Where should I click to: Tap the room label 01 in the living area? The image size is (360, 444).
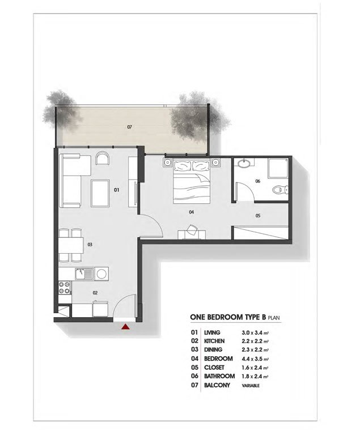coord(116,190)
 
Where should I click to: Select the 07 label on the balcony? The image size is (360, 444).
coord(130,127)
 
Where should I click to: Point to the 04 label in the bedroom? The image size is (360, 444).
coord(192,212)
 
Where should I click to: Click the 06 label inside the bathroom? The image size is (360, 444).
coord(257,182)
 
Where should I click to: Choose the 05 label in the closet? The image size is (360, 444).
coord(257,216)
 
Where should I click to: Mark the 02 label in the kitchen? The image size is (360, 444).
coord(95,293)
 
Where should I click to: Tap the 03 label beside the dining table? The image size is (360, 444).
coord(90,245)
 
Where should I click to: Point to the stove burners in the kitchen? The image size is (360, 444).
coord(63,289)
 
